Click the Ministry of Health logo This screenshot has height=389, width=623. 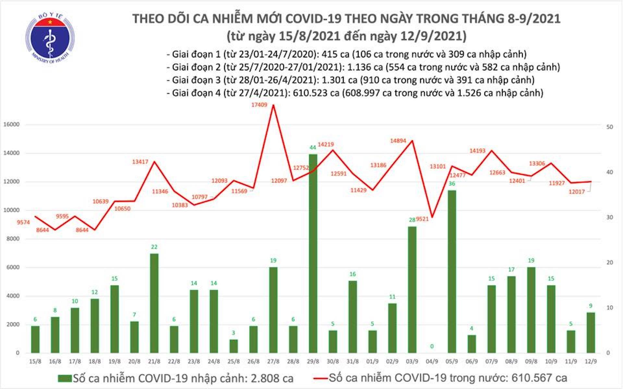(50, 38)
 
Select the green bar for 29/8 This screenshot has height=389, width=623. (313, 253)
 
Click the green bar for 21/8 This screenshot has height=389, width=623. (154, 303)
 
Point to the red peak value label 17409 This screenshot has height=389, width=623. (259, 105)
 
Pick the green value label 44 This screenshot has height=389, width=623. (312, 147)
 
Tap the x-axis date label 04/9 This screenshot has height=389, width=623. (432, 361)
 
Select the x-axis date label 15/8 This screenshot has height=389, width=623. (35, 361)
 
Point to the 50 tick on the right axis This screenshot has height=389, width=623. (610, 127)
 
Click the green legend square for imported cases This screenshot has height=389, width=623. (65, 378)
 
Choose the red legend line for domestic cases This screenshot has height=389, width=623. (320, 378)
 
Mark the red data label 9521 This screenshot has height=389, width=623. (422, 219)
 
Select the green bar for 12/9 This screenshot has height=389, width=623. (591, 332)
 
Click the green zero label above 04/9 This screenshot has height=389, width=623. (432, 347)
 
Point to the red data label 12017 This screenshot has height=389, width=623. (577, 192)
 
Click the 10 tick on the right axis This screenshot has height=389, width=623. (610, 308)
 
